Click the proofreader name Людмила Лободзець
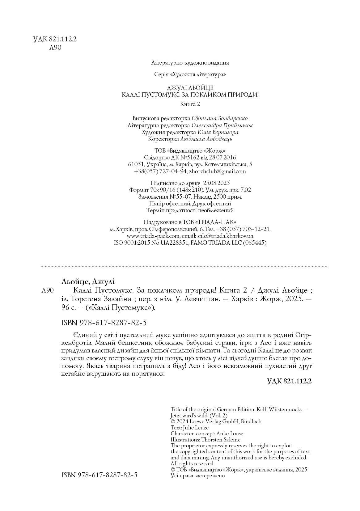206,139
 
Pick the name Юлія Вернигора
218,132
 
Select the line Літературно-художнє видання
190,63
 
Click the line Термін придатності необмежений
190,210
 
